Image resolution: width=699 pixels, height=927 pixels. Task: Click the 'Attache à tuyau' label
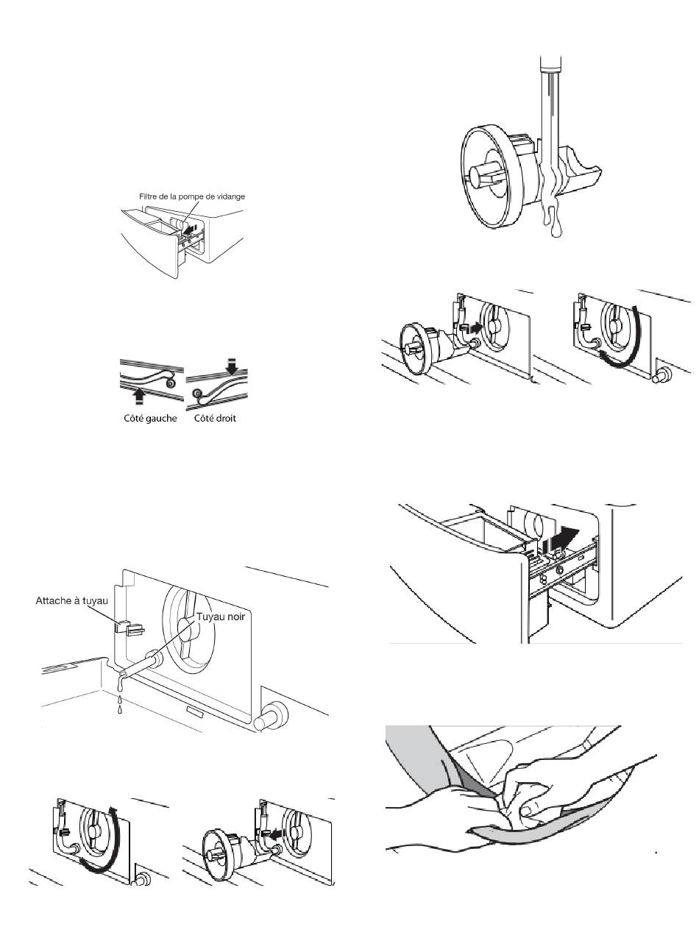click(x=71, y=601)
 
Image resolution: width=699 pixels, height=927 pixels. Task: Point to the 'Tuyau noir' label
click(x=220, y=617)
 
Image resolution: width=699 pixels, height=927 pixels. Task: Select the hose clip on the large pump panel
click(x=130, y=628)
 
